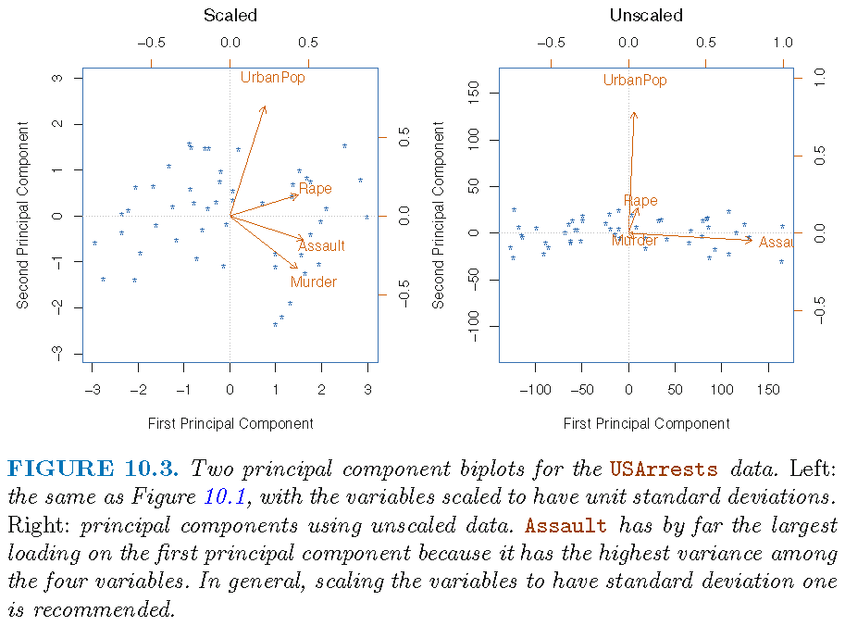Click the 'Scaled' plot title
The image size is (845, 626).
(x=230, y=16)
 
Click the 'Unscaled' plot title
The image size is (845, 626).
(x=646, y=16)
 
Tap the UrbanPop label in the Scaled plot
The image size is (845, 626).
(x=272, y=78)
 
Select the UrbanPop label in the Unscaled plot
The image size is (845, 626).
(x=635, y=81)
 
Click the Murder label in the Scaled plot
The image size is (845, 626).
(x=314, y=282)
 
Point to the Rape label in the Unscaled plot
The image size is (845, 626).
(x=640, y=201)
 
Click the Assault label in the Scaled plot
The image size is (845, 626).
(x=321, y=245)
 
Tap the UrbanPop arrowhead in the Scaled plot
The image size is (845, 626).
(x=265, y=107)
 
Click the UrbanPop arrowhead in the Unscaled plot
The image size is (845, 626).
(x=634, y=114)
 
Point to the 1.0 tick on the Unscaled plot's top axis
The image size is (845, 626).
(x=783, y=42)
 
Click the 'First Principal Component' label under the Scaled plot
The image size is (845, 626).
(x=230, y=423)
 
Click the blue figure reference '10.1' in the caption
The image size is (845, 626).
(x=223, y=497)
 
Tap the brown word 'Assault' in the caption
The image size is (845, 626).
(x=565, y=526)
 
